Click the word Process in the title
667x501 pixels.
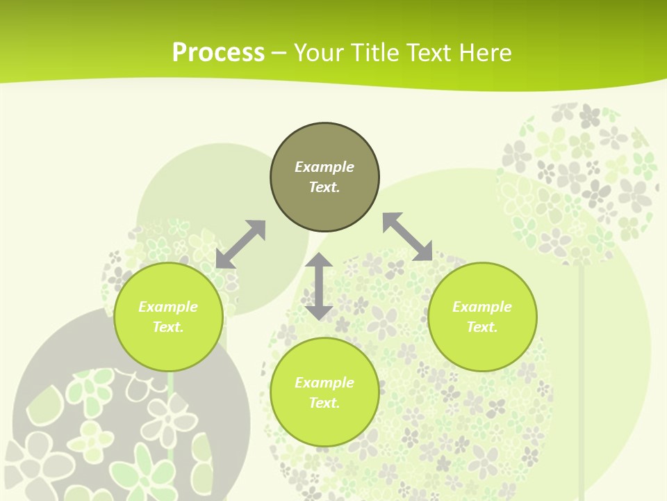(x=218, y=53)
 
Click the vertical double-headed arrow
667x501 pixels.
(x=319, y=286)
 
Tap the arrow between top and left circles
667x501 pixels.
(x=240, y=244)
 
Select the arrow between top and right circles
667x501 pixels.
(x=407, y=237)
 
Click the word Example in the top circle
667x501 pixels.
(x=324, y=167)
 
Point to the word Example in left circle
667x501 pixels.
(x=168, y=307)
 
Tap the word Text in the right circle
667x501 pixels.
(x=482, y=327)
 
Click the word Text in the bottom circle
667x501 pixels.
(x=324, y=403)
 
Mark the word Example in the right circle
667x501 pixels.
(x=482, y=307)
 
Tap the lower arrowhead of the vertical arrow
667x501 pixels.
(x=319, y=312)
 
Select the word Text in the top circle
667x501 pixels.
(x=324, y=187)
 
